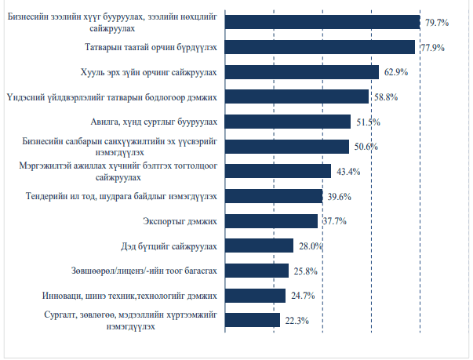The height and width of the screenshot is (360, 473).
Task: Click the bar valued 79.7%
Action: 322,22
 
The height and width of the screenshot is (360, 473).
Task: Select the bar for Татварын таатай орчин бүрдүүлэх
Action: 320,47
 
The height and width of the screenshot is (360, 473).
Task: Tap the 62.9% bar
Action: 302,72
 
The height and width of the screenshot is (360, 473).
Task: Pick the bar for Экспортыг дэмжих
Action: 271,221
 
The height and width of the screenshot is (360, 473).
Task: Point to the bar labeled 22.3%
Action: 253,320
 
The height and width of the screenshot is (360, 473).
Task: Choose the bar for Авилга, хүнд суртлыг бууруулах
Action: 288,122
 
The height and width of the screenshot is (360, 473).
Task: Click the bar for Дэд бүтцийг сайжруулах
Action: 260,245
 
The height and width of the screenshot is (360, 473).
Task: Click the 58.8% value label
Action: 386,97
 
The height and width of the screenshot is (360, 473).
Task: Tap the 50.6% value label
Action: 366,147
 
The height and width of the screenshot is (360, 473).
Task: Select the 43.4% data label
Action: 349,172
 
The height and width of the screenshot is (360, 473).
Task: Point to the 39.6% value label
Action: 340,196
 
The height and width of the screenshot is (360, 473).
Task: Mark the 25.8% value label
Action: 306,271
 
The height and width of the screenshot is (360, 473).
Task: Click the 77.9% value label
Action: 432,48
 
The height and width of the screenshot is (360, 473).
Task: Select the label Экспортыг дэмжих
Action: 185,221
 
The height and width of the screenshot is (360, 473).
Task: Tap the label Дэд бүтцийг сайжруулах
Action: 171,245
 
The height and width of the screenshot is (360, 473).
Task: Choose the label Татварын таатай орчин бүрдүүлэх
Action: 151,47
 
